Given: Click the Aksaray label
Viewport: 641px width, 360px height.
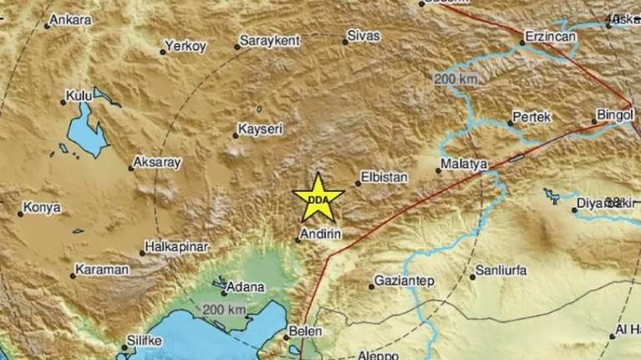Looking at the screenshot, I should pos(156,163).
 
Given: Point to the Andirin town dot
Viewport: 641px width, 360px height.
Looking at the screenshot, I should pos(298,241).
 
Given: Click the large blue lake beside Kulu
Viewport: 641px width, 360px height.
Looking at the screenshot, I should pos(84,134).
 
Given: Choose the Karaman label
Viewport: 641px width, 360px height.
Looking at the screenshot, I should pos(101,271).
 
